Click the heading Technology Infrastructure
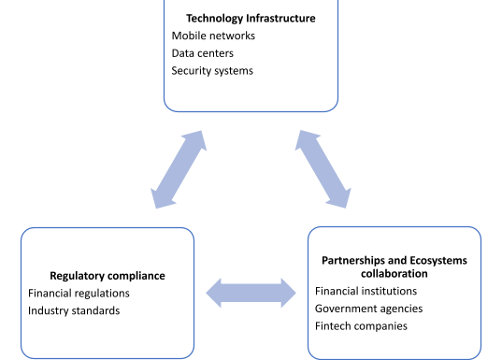coord(251,18)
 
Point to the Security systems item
coord(212,71)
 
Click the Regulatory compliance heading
coord(108,276)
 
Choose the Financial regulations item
coord(79,294)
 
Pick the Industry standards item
coord(74,310)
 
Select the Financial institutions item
coord(366,291)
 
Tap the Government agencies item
coord(368,308)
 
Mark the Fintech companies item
coord(361,325)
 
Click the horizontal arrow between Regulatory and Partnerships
coord(251,293)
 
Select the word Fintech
coord(334,325)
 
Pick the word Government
coord(347,308)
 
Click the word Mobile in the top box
coord(188,36)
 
